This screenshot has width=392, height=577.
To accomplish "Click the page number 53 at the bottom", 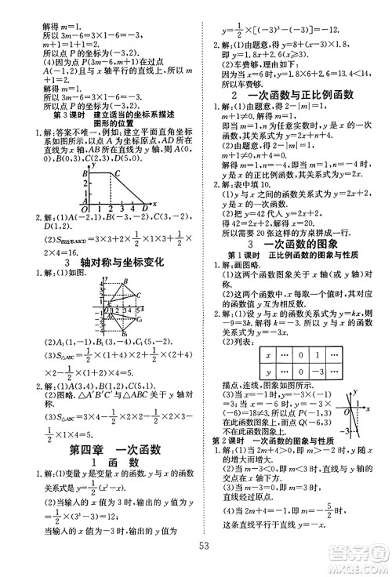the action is pyautogui.click(x=205, y=546).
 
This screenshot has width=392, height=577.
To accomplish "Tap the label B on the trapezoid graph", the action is pyautogui.click(x=85, y=173).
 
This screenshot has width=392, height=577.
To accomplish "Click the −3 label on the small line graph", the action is pyautogui.click(x=344, y=430).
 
